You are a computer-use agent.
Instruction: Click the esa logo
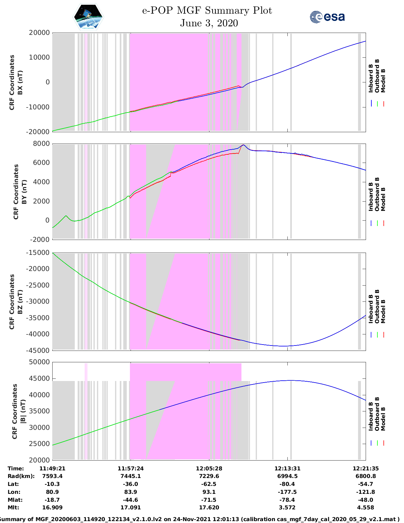327,17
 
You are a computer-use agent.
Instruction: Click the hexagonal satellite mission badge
88,17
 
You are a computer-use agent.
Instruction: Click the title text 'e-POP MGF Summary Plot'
207,10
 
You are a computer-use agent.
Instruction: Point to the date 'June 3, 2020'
209,23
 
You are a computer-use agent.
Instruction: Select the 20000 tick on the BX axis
39,33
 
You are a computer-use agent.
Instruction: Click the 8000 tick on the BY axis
42,144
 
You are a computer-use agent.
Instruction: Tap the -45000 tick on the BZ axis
39,351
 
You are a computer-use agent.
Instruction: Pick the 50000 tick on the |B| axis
39,362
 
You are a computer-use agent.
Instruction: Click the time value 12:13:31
287,468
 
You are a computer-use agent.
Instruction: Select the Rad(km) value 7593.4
52,476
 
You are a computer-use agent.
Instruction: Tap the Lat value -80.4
287,484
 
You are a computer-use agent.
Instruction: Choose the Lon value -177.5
287,492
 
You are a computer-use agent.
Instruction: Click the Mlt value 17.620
209,507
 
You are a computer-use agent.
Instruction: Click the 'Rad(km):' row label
21,476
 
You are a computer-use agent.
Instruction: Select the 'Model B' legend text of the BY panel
383,199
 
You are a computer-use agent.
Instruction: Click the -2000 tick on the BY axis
40,240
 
